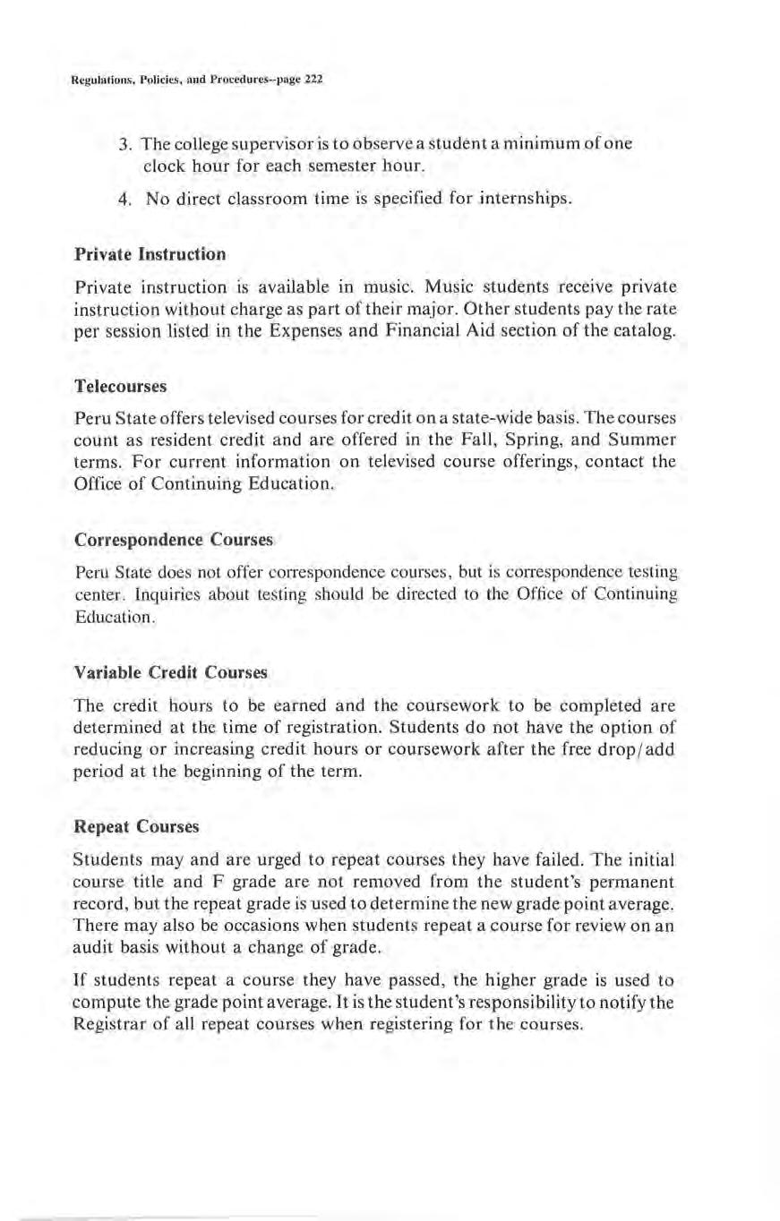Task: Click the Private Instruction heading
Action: pos(150,253)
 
